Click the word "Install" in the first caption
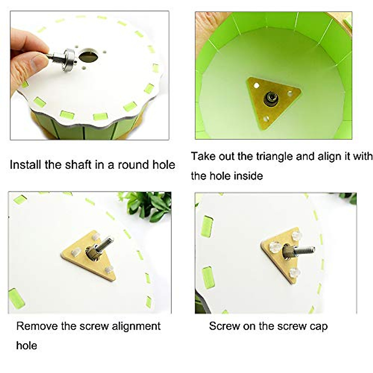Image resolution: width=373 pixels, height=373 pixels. [x=26, y=164]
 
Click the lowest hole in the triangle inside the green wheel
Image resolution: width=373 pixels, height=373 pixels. [x=266, y=119]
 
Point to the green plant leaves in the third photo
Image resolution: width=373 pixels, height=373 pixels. [x=149, y=205]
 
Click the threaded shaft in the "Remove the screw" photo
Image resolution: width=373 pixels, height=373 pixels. [x=107, y=242]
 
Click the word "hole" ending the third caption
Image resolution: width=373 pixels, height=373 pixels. [x=26, y=345]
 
